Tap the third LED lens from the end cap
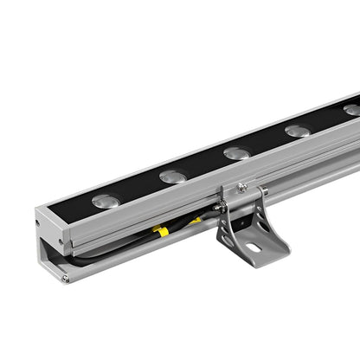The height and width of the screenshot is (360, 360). (236, 153)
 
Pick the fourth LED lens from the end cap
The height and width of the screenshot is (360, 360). (297, 131)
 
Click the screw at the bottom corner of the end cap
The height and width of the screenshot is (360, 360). (65, 278)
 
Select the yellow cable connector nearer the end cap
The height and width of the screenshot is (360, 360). (161, 232)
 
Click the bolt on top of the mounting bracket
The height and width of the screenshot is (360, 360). (243, 186)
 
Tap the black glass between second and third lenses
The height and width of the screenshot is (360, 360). (205, 165)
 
